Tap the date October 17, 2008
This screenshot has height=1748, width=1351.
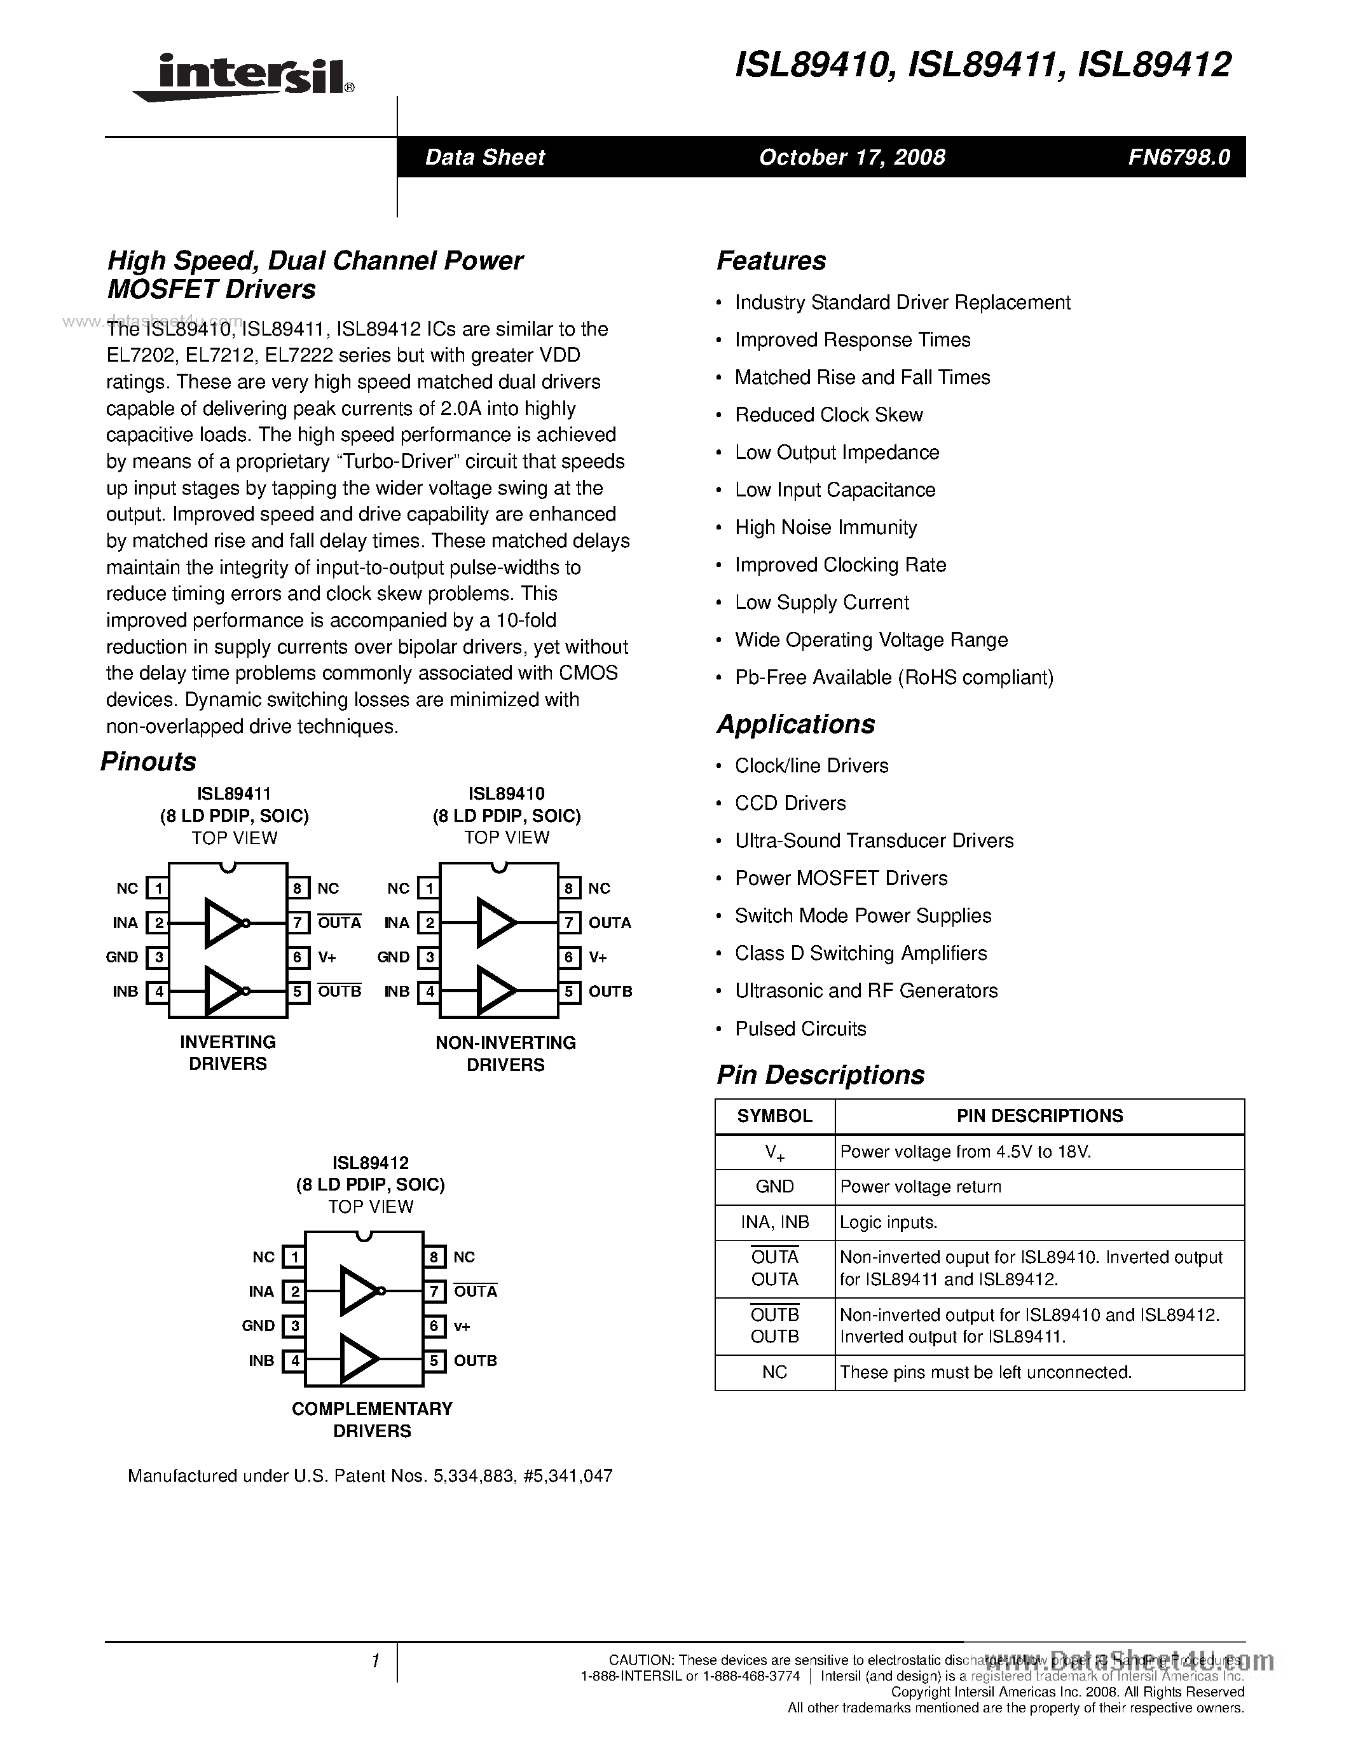pos(851,157)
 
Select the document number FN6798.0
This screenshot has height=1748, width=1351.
pos(1178,157)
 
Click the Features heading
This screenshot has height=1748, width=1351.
pos(771,261)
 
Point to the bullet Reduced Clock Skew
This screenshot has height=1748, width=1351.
pos(828,414)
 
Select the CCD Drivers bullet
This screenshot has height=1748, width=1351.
pos(790,803)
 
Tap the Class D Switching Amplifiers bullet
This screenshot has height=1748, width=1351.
pos(860,953)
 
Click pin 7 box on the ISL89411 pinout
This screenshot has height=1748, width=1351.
pos(297,923)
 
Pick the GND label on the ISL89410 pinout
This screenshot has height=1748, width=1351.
pos(393,957)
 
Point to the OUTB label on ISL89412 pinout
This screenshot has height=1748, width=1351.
pos(475,1361)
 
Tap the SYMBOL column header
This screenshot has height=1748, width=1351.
pos(774,1116)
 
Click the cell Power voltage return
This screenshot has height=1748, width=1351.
pos(921,1187)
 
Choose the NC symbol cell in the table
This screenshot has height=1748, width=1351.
pos(774,1372)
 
